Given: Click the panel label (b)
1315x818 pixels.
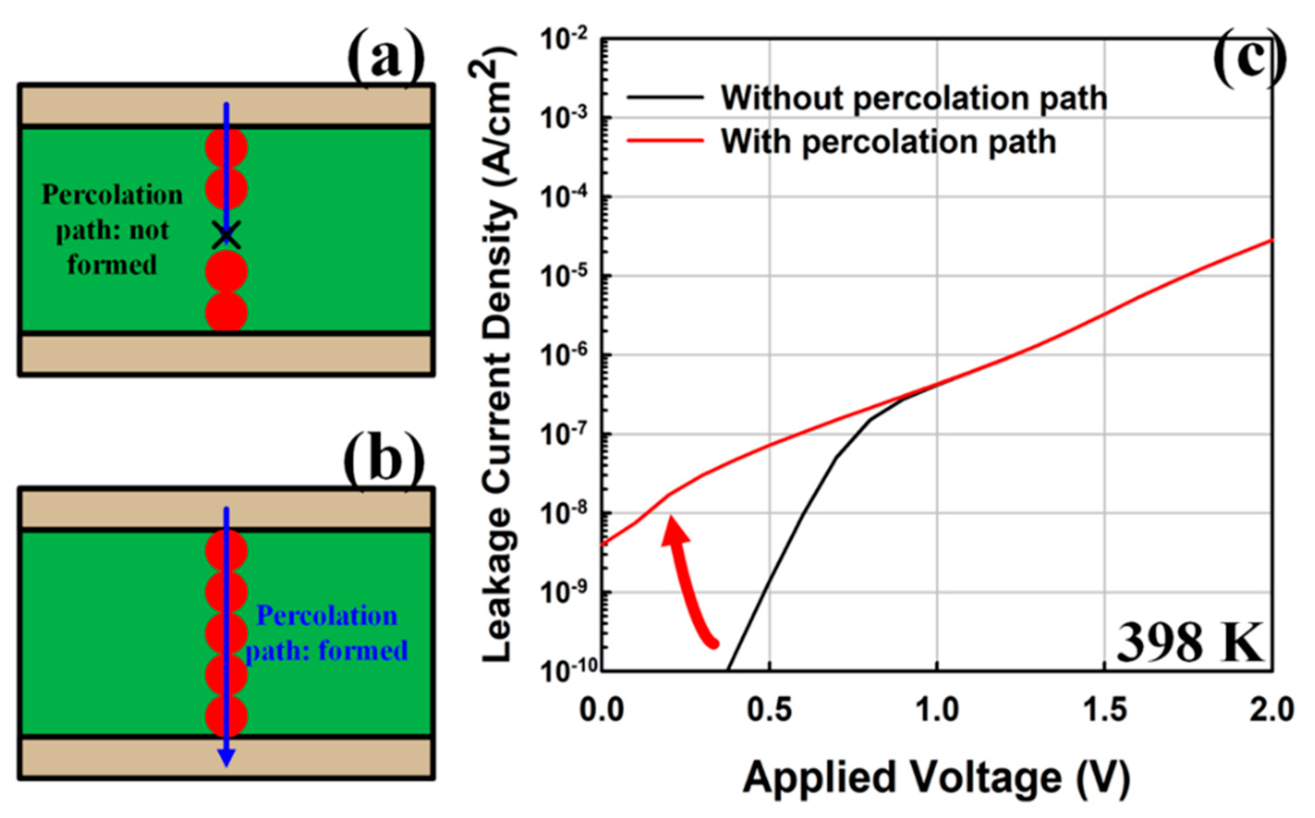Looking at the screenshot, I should [x=384, y=461].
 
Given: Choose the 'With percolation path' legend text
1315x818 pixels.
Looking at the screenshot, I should [x=888, y=142].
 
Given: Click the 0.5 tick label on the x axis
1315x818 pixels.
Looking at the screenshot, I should [x=769, y=709].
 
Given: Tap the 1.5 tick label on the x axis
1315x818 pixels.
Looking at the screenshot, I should [x=1105, y=709].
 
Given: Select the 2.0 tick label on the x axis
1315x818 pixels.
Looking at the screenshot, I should [x=1271, y=709].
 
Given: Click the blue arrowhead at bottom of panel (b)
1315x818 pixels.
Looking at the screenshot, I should [x=226, y=757].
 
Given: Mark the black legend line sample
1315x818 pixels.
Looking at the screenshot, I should [x=665, y=98].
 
